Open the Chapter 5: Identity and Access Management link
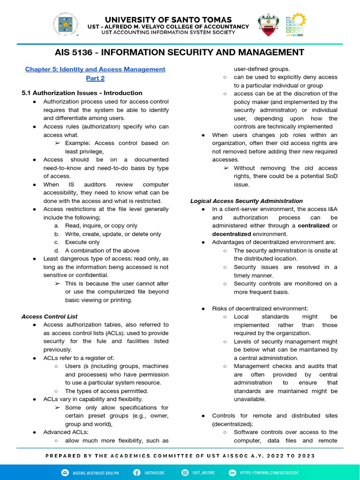pyautogui.click(x=95, y=69)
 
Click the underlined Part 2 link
pyautogui.click(x=95, y=78)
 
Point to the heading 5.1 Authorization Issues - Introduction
pyautogui.click(x=82, y=93)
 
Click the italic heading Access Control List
pyautogui.click(x=49, y=316)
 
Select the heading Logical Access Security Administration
pyautogui.click(x=246, y=201)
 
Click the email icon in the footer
pyautogui.click(x=64, y=472)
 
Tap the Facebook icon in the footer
pyautogui.click(x=137, y=472)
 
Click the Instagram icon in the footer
pyautogui.click(x=185, y=472)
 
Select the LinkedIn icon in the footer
pyautogui.click(x=232, y=472)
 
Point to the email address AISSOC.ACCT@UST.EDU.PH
pyautogui.click(x=96, y=472)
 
